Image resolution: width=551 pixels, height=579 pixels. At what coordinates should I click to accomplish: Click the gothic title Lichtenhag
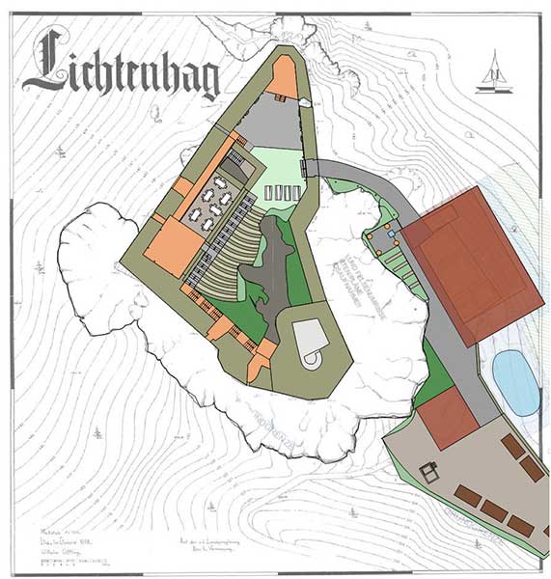pos(121,69)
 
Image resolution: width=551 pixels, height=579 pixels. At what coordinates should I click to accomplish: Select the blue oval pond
pos(515,381)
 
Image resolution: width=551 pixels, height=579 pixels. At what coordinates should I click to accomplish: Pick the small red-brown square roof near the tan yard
pos(448,417)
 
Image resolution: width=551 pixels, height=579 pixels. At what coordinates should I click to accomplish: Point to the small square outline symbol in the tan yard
pos(429,472)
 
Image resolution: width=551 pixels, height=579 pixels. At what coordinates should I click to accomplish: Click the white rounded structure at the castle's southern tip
pos(311,343)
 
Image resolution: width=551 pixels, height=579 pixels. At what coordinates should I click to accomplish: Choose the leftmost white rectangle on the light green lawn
pos(271,193)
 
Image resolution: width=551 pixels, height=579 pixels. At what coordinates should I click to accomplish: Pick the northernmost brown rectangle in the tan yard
pos(512,446)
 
